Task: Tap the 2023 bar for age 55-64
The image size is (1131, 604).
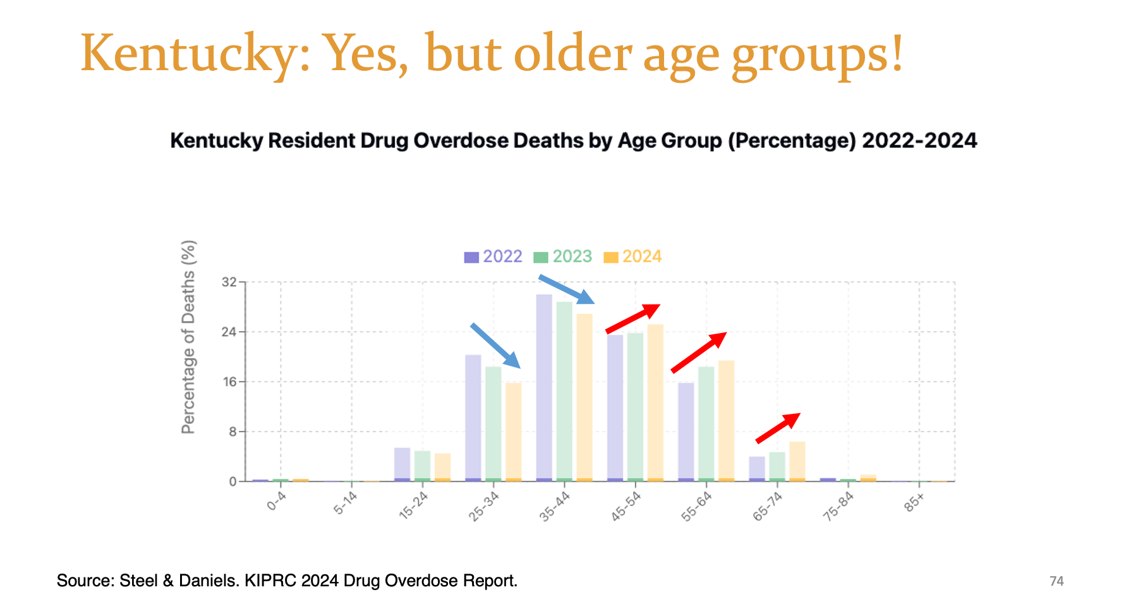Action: coord(706,423)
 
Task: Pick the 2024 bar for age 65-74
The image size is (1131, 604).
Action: coord(797,461)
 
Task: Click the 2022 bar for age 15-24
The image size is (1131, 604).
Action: coord(402,464)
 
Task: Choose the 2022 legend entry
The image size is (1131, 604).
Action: coord(493,257)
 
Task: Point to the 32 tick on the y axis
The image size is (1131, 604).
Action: coord(229,282)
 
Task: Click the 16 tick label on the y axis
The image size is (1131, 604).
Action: coord(229,382)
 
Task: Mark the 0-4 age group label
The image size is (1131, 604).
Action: coord(277,501)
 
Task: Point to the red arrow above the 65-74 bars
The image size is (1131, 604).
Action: coord(778,428)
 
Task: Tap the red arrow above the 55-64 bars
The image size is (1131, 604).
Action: coord(698,352)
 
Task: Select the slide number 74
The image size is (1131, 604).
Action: coord(1056,581)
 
